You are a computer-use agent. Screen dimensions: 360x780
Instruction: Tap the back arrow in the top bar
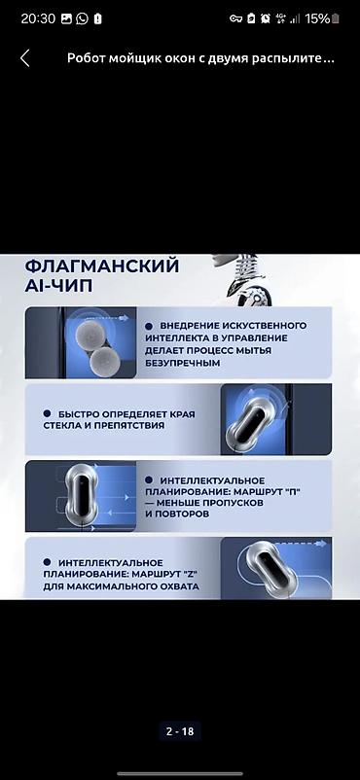(x=25, y=58)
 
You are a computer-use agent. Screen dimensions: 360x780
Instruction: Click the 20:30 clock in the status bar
(x=37, y=18)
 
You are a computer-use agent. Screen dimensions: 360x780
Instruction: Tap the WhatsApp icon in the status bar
(x=82, y=18)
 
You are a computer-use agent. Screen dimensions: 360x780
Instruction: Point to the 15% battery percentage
(x=317, y=18)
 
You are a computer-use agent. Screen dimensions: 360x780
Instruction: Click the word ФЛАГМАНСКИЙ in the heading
(x=101, y=266)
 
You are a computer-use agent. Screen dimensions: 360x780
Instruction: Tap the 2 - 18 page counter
(x=180, y=731)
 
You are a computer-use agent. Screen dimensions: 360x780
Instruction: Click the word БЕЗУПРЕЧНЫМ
(x=182, y=363)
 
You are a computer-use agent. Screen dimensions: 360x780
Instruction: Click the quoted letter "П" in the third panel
(x=296, y=491)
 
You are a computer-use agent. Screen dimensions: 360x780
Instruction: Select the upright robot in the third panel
(x=83, y=494)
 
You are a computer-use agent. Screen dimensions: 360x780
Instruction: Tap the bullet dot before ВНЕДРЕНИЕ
(x=149, y=326)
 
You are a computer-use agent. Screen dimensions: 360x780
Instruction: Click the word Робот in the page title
(x=85, y=58)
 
